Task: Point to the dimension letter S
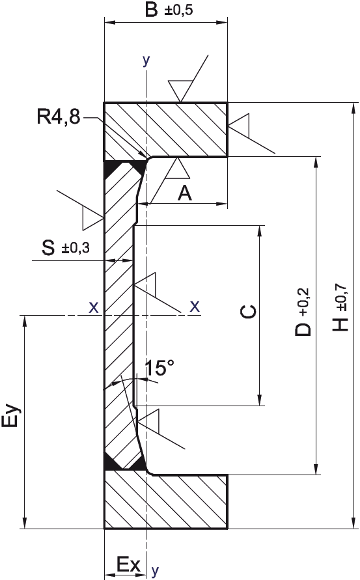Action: [48, 247]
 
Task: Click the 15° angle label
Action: [159, 368]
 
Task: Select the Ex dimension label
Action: [128, 564]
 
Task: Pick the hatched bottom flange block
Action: [165, 501]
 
